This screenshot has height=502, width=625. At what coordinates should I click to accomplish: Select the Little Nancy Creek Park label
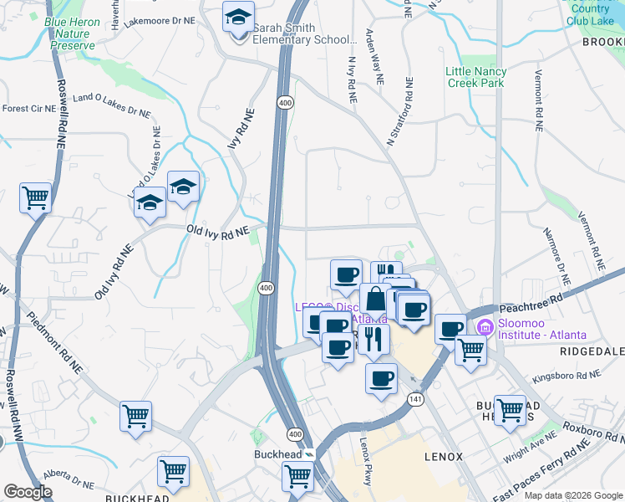(475, 77)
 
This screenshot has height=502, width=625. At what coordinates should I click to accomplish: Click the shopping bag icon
(376, 299)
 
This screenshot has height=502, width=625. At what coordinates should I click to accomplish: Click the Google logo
(28, 492)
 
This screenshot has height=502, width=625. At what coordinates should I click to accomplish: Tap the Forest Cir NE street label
(28, 109)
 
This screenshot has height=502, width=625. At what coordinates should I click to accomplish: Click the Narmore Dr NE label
(557, 254)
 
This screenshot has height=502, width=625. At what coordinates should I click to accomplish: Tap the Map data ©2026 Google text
(573, 495)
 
